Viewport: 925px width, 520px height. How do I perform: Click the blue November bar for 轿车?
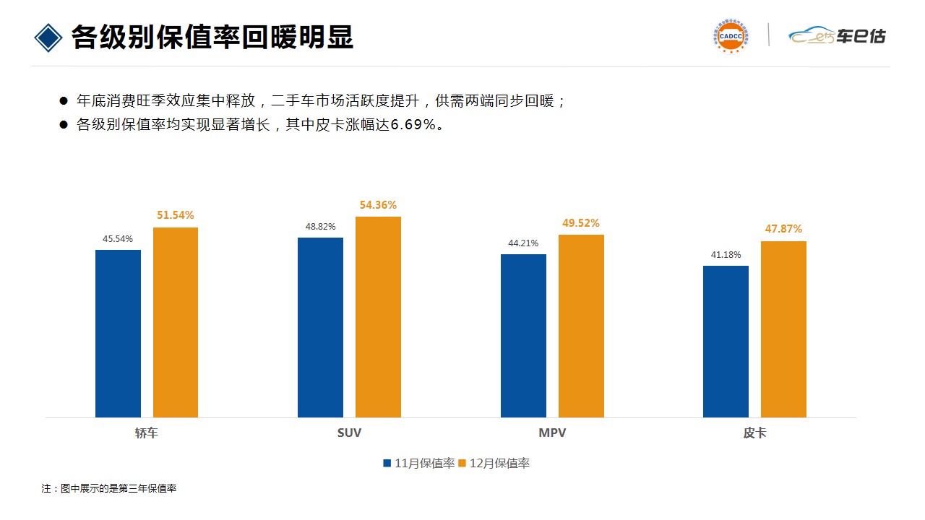[118, 334]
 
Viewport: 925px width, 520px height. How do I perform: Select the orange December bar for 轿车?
[176, 322]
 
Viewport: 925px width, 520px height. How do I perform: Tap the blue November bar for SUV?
[320, 327]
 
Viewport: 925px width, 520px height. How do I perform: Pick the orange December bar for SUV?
[378, 317]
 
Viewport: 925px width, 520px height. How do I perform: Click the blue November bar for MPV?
[523, 336]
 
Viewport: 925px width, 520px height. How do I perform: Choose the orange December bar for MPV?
[581, 326]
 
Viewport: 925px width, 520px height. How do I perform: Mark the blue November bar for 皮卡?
[726, 342]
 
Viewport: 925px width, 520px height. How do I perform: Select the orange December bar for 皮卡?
[783, 329]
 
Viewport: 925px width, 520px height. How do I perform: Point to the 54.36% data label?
[378, 205]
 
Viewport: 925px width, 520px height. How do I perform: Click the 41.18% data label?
[726, 255]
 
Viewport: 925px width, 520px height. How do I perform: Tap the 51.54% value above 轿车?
[176, 215]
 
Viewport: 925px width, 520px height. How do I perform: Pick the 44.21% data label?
[523, 243]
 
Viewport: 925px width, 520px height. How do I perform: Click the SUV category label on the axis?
[349, 433]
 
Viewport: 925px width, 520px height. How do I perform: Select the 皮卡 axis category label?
[754, 433]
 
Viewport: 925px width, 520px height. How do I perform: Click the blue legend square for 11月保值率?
[387, 463]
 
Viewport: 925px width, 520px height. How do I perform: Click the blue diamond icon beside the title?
[48, 38]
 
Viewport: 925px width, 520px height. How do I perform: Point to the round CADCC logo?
[731, 35]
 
